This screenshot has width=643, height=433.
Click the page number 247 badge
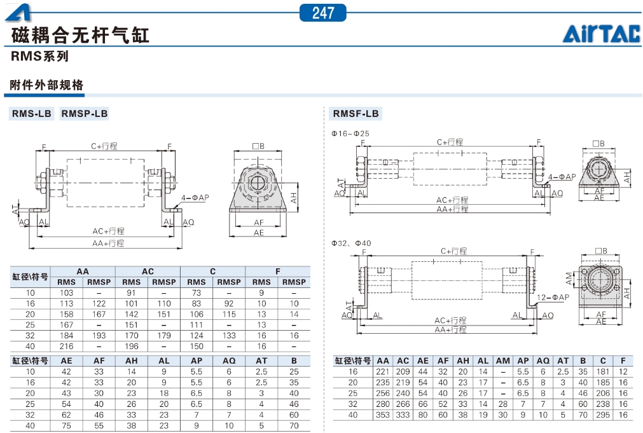(x=323, y=12)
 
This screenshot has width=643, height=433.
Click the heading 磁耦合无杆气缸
(x=80, y=34)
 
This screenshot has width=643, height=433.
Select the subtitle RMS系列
(x=39, y=56)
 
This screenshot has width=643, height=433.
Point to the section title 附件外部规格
(x=46, y=85)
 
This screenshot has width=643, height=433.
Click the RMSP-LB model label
(x=84, y=114)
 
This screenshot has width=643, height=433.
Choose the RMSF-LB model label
(x=356, y=114)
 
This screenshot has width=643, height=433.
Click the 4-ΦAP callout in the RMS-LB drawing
(x=195, y=198)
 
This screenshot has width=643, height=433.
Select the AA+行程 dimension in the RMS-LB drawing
(x=108, y=243)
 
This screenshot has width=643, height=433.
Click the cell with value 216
(x=66, y=347)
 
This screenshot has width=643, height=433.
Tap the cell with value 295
(x=603, y=415)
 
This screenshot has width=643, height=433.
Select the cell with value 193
(x=99, y=336)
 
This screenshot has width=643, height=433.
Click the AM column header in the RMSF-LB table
(x=502, y=361)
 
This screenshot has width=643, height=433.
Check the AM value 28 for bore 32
(x=502, y=404)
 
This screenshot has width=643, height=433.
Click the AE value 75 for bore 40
(x=66, y=426)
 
